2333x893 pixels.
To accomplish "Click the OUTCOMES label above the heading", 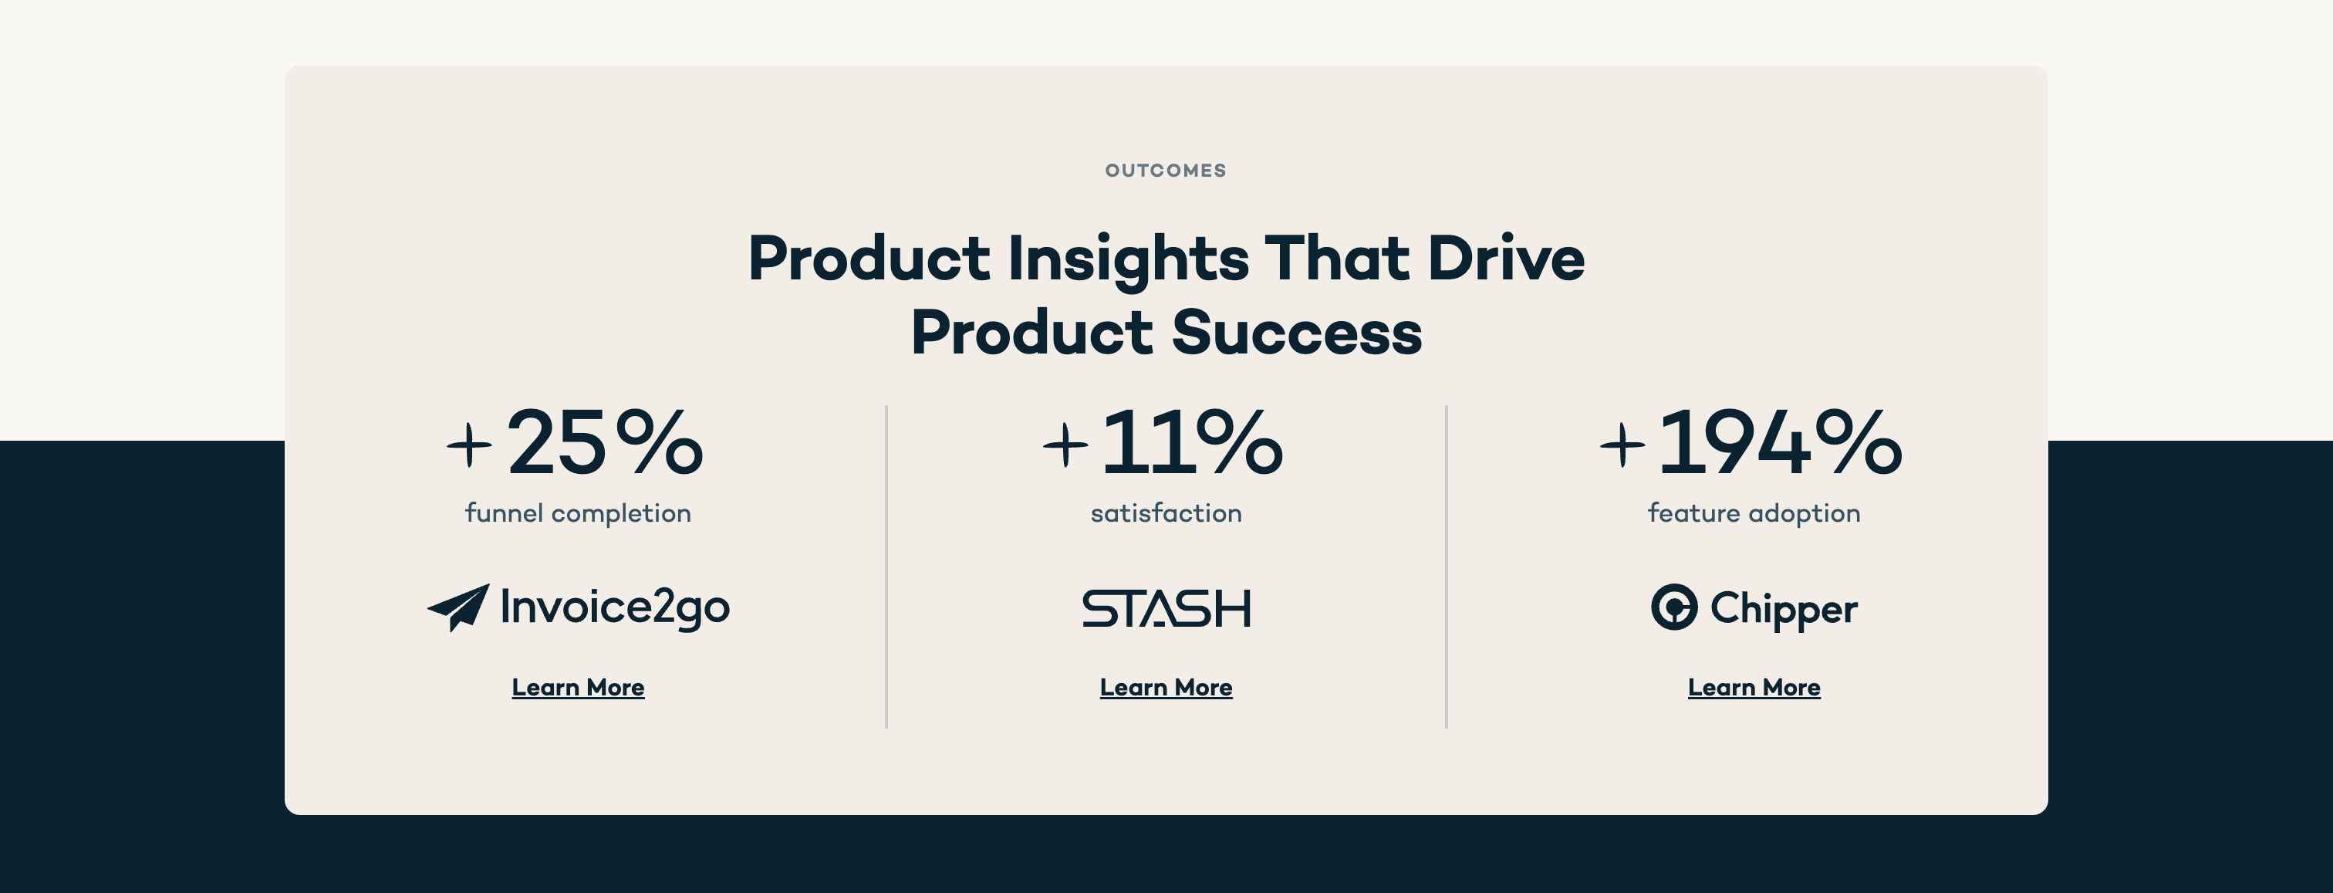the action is pos(1166,171).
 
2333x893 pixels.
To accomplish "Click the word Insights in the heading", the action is pos(1128,259).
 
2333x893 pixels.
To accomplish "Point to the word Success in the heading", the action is pos(1297,333).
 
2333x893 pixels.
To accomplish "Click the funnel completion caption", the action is pos(578,513).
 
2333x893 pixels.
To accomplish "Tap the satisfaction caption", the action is pos(1166,513).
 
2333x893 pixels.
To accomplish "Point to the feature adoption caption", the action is pos(1754,513).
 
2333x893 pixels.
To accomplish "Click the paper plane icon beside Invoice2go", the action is pos(460,607).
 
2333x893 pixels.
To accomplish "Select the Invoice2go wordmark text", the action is pos(615,607).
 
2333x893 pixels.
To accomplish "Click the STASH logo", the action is pos(1166,609).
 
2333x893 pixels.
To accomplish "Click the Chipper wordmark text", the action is pos(1783,610).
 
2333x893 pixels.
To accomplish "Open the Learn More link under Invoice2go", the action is pos(578,688).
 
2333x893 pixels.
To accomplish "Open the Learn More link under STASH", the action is pos(1166,688).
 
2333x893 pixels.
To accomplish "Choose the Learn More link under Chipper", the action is pos(1754,688).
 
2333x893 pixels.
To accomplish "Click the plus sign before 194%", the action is pos(1622,445).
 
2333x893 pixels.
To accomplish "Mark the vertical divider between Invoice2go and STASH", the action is pos(886,566).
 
